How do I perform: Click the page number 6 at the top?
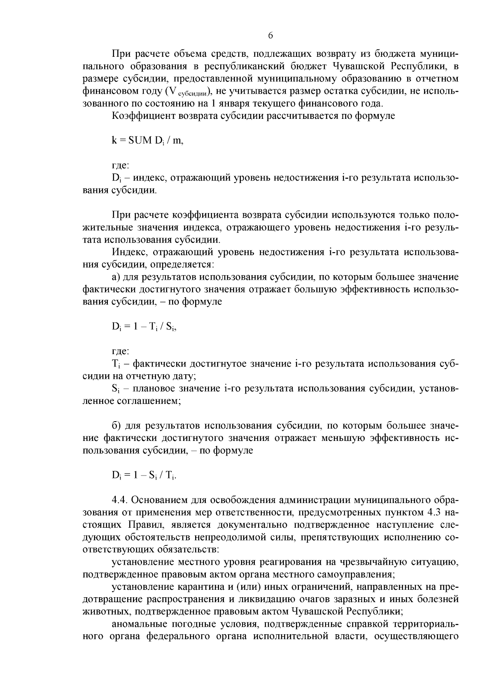click(270, 36)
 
